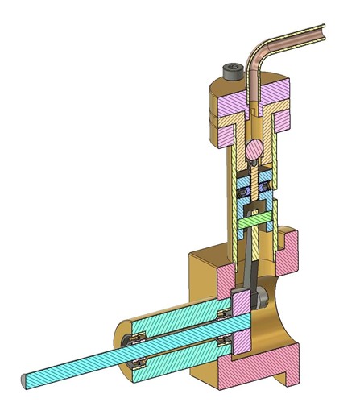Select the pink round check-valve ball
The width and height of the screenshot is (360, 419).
254,149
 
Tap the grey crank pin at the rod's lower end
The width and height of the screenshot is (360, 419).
263,299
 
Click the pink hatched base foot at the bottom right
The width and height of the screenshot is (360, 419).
266,371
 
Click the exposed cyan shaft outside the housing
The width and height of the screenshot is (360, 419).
72,367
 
